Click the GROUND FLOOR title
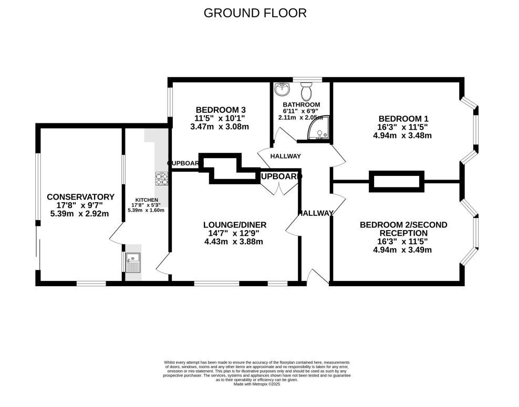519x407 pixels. [255, 13]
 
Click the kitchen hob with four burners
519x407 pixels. [162, 179]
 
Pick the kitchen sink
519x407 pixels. [132, 261]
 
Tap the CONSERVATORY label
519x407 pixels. [80, 197]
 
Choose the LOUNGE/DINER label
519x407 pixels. [231, 225]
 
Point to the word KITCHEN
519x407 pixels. [146, 200]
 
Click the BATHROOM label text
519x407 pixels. [301, 105]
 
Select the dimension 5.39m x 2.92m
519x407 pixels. [79, 214]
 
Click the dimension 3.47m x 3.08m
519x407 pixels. [220, 127]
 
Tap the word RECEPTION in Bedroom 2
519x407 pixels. [403, 233]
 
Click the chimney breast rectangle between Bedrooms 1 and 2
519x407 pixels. [397, 181]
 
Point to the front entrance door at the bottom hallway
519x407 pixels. [317, 277]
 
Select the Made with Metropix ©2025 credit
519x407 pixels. [256, 384]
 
